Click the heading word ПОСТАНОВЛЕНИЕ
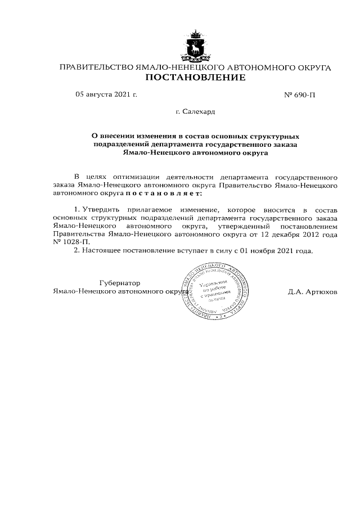[195, 78]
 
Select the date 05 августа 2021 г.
[106, 94]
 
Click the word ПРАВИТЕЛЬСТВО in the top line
[96, 67]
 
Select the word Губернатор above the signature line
[119, 283]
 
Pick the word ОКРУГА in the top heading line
[310, 67]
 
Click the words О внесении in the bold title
[112, 136]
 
